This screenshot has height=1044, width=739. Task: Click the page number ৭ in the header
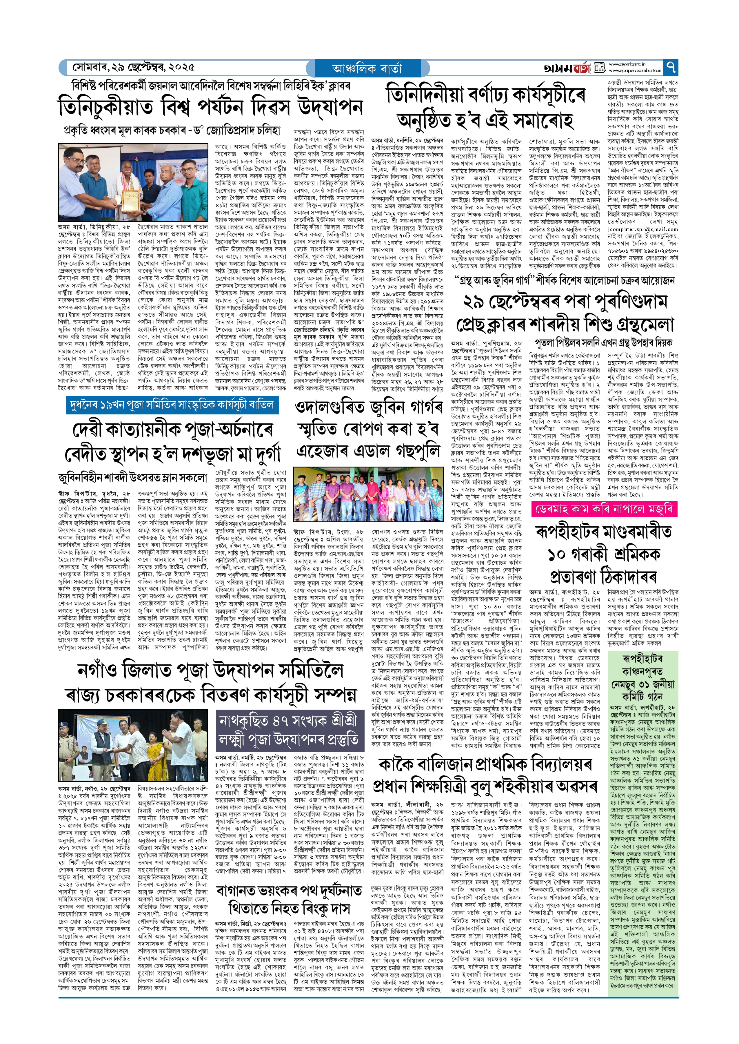click(671, 68)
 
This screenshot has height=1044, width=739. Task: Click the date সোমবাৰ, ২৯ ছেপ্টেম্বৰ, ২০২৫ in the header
click(134, 67)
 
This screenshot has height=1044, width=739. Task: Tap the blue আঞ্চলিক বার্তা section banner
click(368, 68)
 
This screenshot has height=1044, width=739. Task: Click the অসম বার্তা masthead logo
click(567, 68)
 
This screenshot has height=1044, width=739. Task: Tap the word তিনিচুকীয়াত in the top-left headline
click(105, 108)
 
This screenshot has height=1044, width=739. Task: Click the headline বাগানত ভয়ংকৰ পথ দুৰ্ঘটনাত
click(289, 891)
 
